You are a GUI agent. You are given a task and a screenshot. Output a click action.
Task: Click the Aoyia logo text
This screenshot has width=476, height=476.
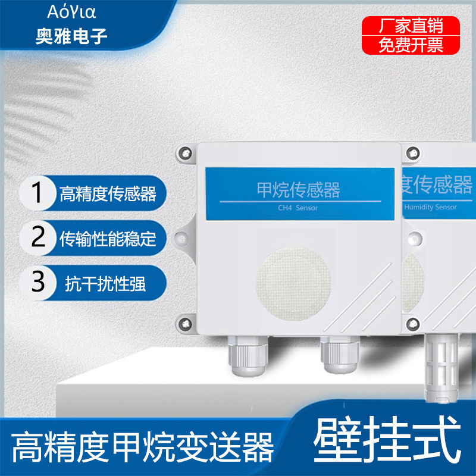click(x=71, y=12)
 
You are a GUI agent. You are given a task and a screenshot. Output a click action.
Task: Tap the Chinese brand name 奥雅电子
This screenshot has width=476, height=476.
click(x=71, y=36)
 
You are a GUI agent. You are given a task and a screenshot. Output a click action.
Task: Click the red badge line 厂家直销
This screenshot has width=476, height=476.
click(x=411, y=26)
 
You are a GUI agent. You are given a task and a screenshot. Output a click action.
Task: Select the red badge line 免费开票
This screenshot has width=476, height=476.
click(x=411, y=45)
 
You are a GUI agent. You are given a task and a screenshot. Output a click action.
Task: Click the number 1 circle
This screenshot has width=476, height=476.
click(x=37, y=192)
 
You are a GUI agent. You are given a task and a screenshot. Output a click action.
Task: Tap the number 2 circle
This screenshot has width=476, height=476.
click(x=38, y=237)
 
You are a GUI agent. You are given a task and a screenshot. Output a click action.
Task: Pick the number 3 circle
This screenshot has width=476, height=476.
click(x=38, y=282)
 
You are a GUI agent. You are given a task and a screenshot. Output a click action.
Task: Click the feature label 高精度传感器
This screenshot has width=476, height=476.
click(x=108, y=194)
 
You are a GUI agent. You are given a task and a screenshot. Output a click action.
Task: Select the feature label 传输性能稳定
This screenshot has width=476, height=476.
click(x=108, y=239)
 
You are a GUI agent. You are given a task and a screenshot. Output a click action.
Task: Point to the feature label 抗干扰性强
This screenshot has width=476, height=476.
click(x=105, y=284)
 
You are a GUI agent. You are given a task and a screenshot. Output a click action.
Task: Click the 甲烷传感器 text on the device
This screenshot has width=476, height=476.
click(x=299, y=190)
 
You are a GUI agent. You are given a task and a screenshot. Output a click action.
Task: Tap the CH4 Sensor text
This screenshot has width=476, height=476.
click(x=298, y=208)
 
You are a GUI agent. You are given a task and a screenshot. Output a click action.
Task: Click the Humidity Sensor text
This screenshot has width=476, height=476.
click(x=430, y=207)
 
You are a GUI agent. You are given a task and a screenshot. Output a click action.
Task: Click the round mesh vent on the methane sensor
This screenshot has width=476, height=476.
click(x=293, y=284)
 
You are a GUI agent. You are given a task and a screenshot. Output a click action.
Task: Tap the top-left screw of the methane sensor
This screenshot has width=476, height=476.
click(x=186, y=153)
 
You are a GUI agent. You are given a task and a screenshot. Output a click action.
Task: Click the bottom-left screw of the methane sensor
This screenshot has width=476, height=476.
click(x=186, y=324)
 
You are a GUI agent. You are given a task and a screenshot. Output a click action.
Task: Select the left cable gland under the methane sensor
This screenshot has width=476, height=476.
click(x=248, y=356)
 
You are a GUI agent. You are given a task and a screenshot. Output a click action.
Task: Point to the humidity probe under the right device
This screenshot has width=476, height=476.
click(x=441, y=368)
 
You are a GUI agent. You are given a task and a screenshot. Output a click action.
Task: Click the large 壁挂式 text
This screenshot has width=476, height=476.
click(x=387, y=439)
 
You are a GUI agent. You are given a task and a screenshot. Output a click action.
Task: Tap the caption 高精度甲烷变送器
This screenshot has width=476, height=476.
click(x=142, y=447)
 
